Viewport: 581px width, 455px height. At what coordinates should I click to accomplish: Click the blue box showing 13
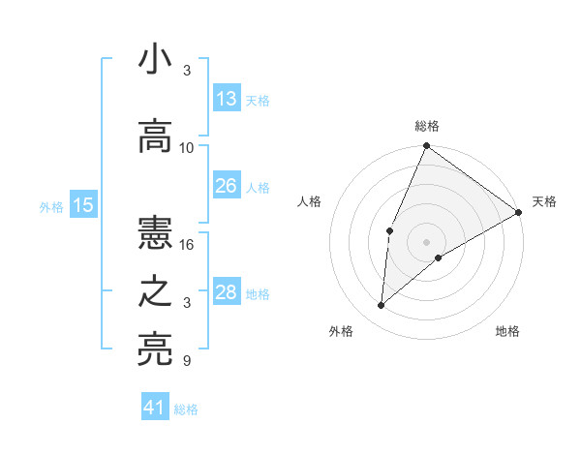pos(227,99)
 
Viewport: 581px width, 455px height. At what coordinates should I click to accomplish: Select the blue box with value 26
pos(227,186)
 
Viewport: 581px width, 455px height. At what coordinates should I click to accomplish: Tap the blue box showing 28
pos(227,292)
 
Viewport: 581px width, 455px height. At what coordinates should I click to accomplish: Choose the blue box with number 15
pos(83,204)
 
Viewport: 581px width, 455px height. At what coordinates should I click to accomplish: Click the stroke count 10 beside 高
pos(187,148)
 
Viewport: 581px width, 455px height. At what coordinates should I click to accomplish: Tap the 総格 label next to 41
pos(186,409)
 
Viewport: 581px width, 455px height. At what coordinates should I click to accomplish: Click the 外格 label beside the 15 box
pos(50,206)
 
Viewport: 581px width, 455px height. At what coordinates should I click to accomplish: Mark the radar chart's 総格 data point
pos(426,147)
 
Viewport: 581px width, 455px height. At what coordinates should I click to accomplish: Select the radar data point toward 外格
pos(382,306)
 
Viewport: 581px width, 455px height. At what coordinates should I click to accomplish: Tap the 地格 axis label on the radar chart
pos(507,332)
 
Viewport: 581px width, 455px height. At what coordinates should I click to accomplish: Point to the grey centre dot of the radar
pos(426,241)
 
